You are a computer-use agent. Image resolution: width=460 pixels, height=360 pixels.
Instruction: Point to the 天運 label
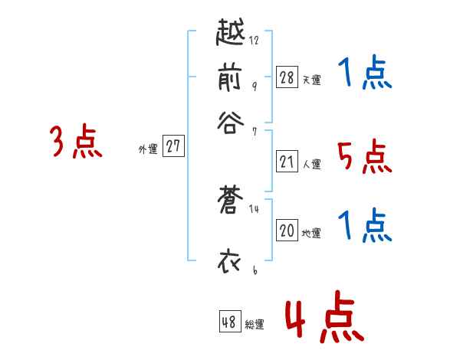[x=311, y=80]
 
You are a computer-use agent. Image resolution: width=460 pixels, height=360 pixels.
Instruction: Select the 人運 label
[x=311, y=164]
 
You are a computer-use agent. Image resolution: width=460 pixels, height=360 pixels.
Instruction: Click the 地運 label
[x=311, y=234]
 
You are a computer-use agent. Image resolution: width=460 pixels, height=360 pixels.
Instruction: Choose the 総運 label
[x=255, y=325]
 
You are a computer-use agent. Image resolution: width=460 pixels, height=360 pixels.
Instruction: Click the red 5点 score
[x=364, y=157]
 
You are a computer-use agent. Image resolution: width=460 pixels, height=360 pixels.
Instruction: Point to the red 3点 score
[x=76, y=142]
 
